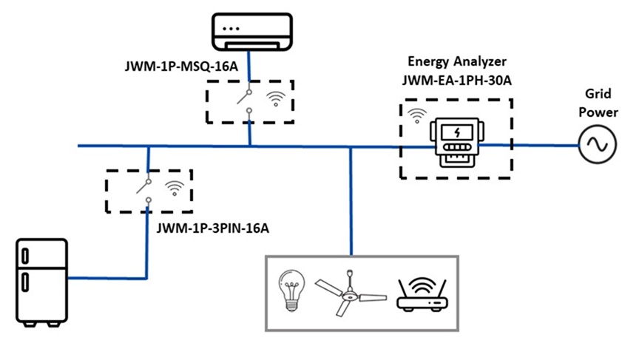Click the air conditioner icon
pos(248,33)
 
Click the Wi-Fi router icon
pos(421,294)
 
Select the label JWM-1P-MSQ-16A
pos(180,67)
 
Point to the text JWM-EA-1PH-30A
pos(456,80)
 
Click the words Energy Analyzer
pos(456,62)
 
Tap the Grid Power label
pos(597,104)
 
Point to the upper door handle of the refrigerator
pos(27,256)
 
